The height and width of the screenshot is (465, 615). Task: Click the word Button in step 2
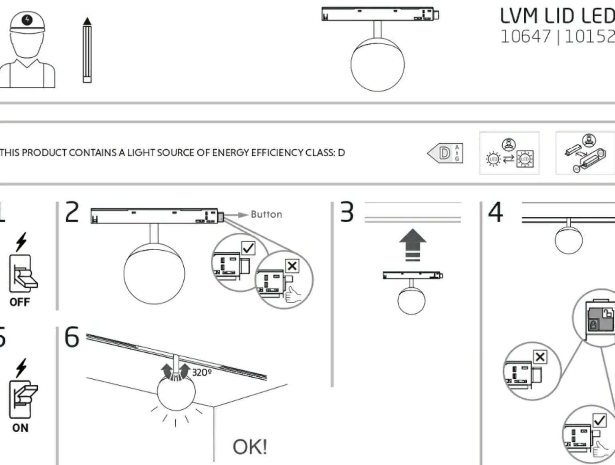click(266, 214)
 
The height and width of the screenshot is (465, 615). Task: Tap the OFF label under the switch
click(20, 302)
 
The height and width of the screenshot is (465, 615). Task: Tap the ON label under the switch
click(20, 428)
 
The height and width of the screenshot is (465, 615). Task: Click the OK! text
click(250, 447)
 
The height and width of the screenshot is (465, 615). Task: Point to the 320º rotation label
click(202, 372)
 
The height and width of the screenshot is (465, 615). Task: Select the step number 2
click(72, 212)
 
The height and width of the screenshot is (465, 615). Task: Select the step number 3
click(347, 212)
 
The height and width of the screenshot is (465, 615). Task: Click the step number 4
click(495, 212)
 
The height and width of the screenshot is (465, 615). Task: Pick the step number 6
click(72, 337)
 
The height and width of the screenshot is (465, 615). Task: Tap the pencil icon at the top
click(87, 50)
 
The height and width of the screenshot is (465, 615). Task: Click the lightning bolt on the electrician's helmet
click(27, 20)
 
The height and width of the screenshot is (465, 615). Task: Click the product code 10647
click(525, 37)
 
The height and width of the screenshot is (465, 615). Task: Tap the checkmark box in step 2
click(248, 248)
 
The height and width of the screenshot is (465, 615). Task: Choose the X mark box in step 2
click(292, 266)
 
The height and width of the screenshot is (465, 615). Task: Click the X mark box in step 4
click(540, 357)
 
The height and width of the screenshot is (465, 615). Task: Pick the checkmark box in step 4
click(599, 420)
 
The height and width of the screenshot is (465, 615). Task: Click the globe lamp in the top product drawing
click(377, 65)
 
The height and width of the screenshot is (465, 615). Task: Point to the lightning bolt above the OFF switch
click(21, 241)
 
